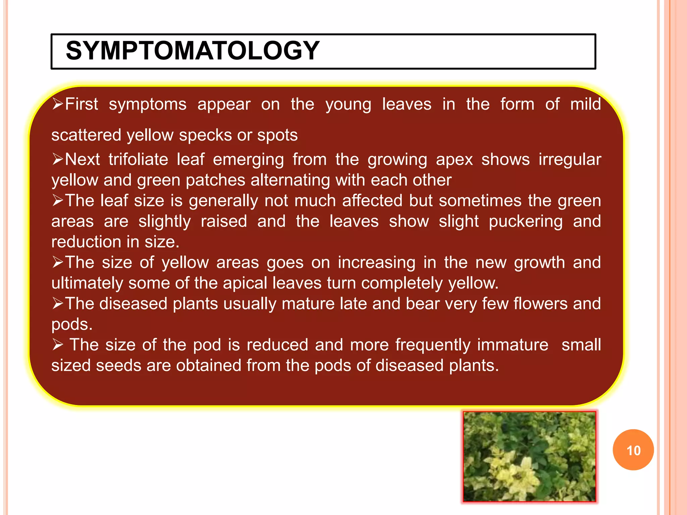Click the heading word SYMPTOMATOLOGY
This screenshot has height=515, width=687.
click(193, 51)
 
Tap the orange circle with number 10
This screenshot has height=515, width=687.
click(633, 450)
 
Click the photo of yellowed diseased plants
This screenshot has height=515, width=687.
click(529, 457)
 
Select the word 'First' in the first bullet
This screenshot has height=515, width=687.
click(82, 104)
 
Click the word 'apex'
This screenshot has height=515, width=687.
click(454, 160)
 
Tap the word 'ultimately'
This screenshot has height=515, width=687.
click(87, 283)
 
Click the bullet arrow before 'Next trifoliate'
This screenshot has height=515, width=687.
click(58, 159)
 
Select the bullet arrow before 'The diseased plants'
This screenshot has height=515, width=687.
click(58, 303)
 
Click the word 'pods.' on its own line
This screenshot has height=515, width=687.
click(72, 325)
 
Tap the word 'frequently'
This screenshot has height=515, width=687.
click(433, 345)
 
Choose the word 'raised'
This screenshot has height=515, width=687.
click(224, 222)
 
